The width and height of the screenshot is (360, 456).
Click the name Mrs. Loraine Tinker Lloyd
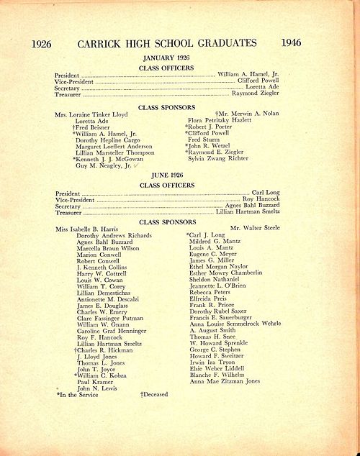pyautogui.click(x=92, y=114)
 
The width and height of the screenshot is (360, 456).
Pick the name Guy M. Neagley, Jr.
pyautogui.click(x=104, y=165)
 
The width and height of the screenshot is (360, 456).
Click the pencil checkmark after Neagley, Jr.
pyautogui.click(x=138, y=165)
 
